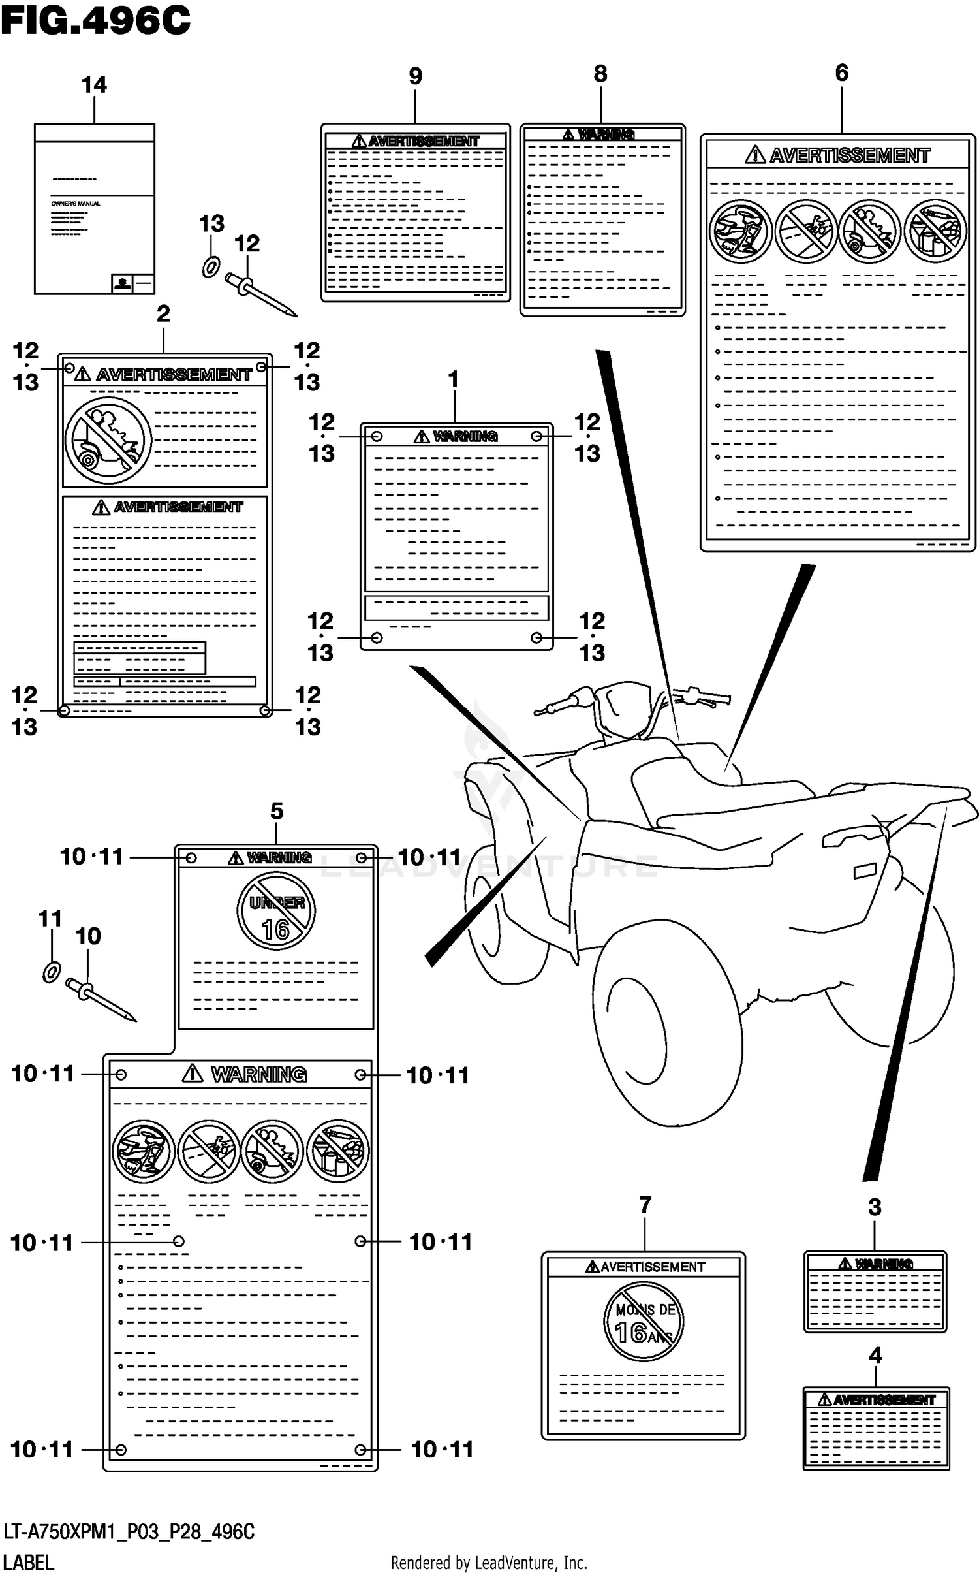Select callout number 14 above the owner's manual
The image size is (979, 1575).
point(94,85)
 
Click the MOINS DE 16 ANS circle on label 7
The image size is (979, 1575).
point(643,1321)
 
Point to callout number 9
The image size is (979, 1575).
point(415,76)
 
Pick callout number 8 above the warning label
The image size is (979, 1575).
point(600,74)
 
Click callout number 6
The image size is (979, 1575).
point(841,72)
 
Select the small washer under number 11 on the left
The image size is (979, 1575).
point(52,972)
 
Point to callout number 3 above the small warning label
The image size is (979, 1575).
point(875,1207)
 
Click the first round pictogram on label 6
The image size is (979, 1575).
point(740,231)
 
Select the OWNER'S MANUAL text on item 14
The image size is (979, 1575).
point(76,204)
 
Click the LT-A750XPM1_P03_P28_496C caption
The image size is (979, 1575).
point(129,1531)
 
